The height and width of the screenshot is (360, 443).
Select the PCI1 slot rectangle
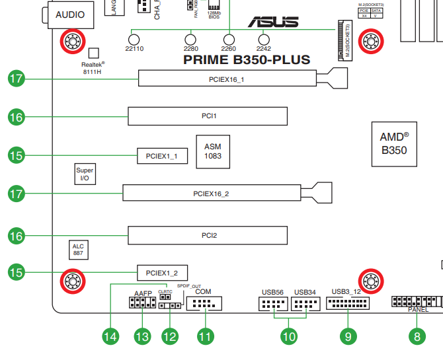coord(208,116)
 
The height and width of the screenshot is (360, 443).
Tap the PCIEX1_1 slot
coord(162,156)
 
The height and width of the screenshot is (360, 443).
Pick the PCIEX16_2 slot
coord(211,194)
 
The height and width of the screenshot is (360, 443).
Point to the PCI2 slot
coord(208,235)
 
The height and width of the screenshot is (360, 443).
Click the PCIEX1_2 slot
coord(162,272)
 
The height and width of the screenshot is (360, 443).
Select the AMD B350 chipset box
coord(393,143)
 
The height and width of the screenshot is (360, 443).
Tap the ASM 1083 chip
coord(212,151)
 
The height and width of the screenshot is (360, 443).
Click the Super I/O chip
coord(85,174)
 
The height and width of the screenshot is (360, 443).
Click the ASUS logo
coord(272,21)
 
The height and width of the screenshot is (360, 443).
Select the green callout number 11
coord(205,336)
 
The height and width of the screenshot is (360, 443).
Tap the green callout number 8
coord(417,336)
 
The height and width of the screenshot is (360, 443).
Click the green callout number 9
coord(348,336)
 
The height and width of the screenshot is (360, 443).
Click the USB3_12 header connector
coord(347,304)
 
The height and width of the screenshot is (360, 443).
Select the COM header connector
coord(204,304)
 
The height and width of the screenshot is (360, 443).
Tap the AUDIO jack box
coord(69,14)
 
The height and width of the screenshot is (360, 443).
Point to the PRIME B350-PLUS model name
coord(246,60)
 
